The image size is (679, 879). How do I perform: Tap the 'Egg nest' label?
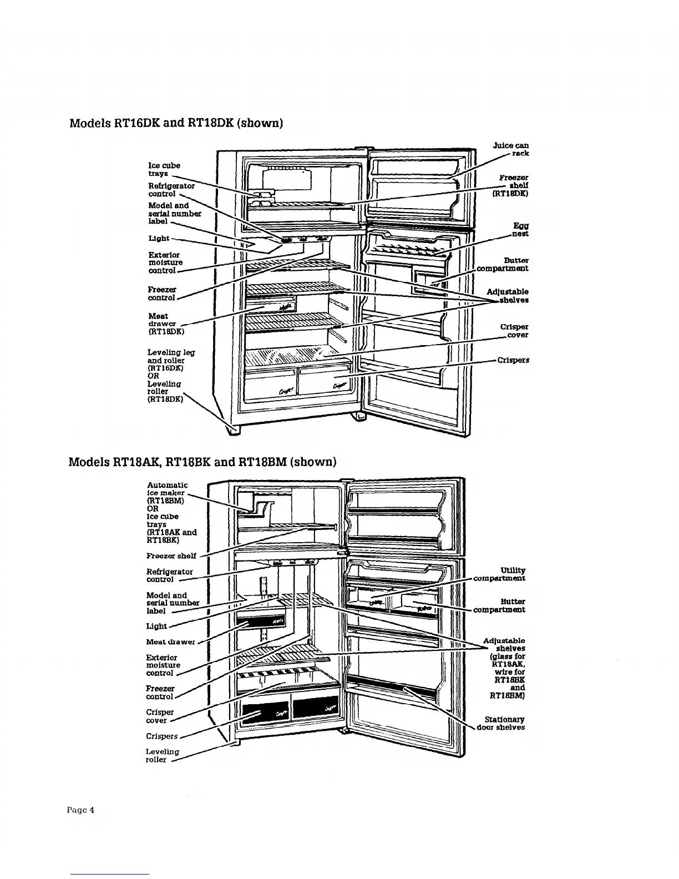(x=520, y=230)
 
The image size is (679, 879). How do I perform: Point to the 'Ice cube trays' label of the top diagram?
(x=164, y=169)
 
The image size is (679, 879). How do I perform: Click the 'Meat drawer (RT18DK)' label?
(x=165, y=324)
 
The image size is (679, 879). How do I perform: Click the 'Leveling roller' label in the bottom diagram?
(x=162, y=755)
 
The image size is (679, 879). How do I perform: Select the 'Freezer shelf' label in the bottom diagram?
(x=171, y=555)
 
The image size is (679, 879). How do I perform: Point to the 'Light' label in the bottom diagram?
(x=156, y=626)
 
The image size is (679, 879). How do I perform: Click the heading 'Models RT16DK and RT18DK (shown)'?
(x=176, y=122)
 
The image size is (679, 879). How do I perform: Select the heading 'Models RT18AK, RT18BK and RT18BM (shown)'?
(x=202, y=462)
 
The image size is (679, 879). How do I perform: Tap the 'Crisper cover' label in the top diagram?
(x=514, y=331)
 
